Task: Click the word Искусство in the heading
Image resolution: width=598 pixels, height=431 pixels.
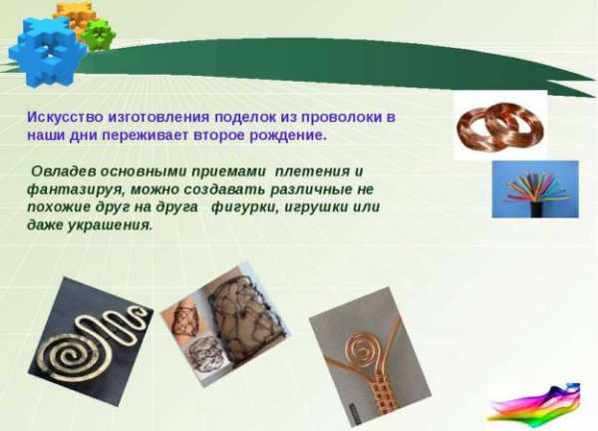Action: coord(65,117)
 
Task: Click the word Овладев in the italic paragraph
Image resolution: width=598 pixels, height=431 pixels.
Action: coord(64,171)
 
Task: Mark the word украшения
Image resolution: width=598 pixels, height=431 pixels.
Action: coord(110,225)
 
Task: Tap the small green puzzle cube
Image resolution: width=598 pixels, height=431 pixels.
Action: coord(99,35)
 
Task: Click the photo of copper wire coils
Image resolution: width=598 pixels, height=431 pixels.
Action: coord(500,127)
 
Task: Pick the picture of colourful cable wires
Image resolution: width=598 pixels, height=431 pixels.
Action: coord(535,190)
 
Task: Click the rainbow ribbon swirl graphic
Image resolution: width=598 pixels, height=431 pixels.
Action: coord(534,403)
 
